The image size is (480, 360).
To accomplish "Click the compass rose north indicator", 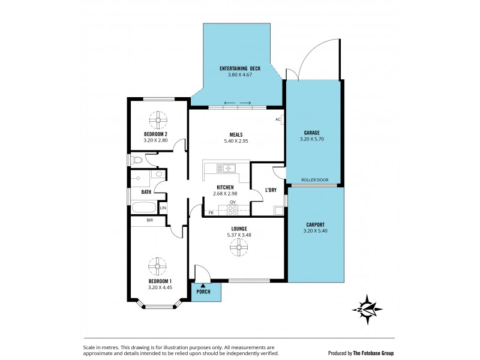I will coord(368,308).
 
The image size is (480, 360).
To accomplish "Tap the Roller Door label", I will coord(314,180).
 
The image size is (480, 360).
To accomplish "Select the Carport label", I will coord(316,224).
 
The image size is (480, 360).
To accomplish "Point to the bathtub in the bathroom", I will coord(144,209).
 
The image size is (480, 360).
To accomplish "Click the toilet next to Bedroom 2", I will coord(137,160).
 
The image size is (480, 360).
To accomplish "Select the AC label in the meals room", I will coord(278,119).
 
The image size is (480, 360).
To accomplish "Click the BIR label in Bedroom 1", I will coord(150,220).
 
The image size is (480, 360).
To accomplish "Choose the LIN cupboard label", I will coord(163,208).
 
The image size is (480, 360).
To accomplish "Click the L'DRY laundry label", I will coord(271,190).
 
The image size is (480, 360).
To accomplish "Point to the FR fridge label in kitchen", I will coord(211,212).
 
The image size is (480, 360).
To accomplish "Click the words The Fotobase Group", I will coord(373,353).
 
